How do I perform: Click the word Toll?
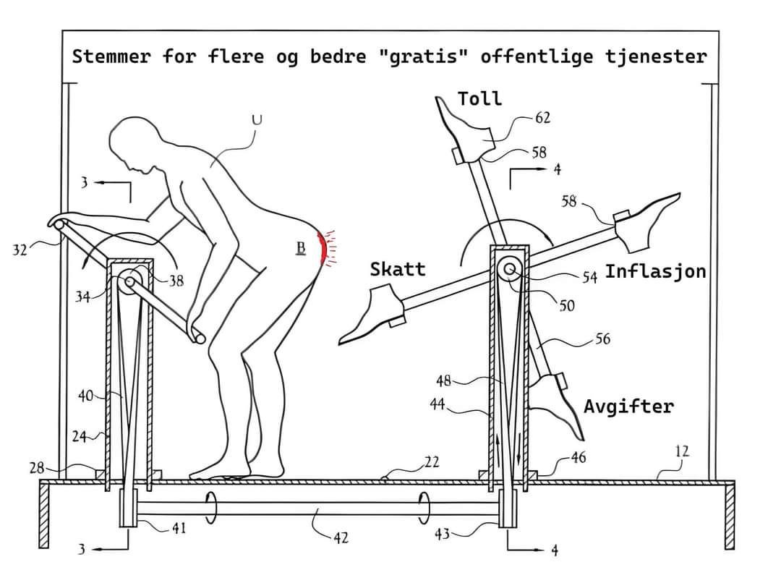coord(479,98)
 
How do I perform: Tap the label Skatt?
coord(398,269)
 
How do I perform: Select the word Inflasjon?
coord(655,271)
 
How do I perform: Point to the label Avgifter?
coord(628,407)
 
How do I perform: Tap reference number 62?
coord(542,118)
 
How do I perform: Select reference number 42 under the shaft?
coord(341,537)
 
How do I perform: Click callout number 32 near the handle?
coord(20,249)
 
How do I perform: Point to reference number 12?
coord(682,451)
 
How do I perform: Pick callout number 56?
coord(602,339)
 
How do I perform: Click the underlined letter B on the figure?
coord(301,247)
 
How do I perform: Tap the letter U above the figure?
coord(257,120)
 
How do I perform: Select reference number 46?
coord(578,457)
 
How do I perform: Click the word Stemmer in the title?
coord(111,56)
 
